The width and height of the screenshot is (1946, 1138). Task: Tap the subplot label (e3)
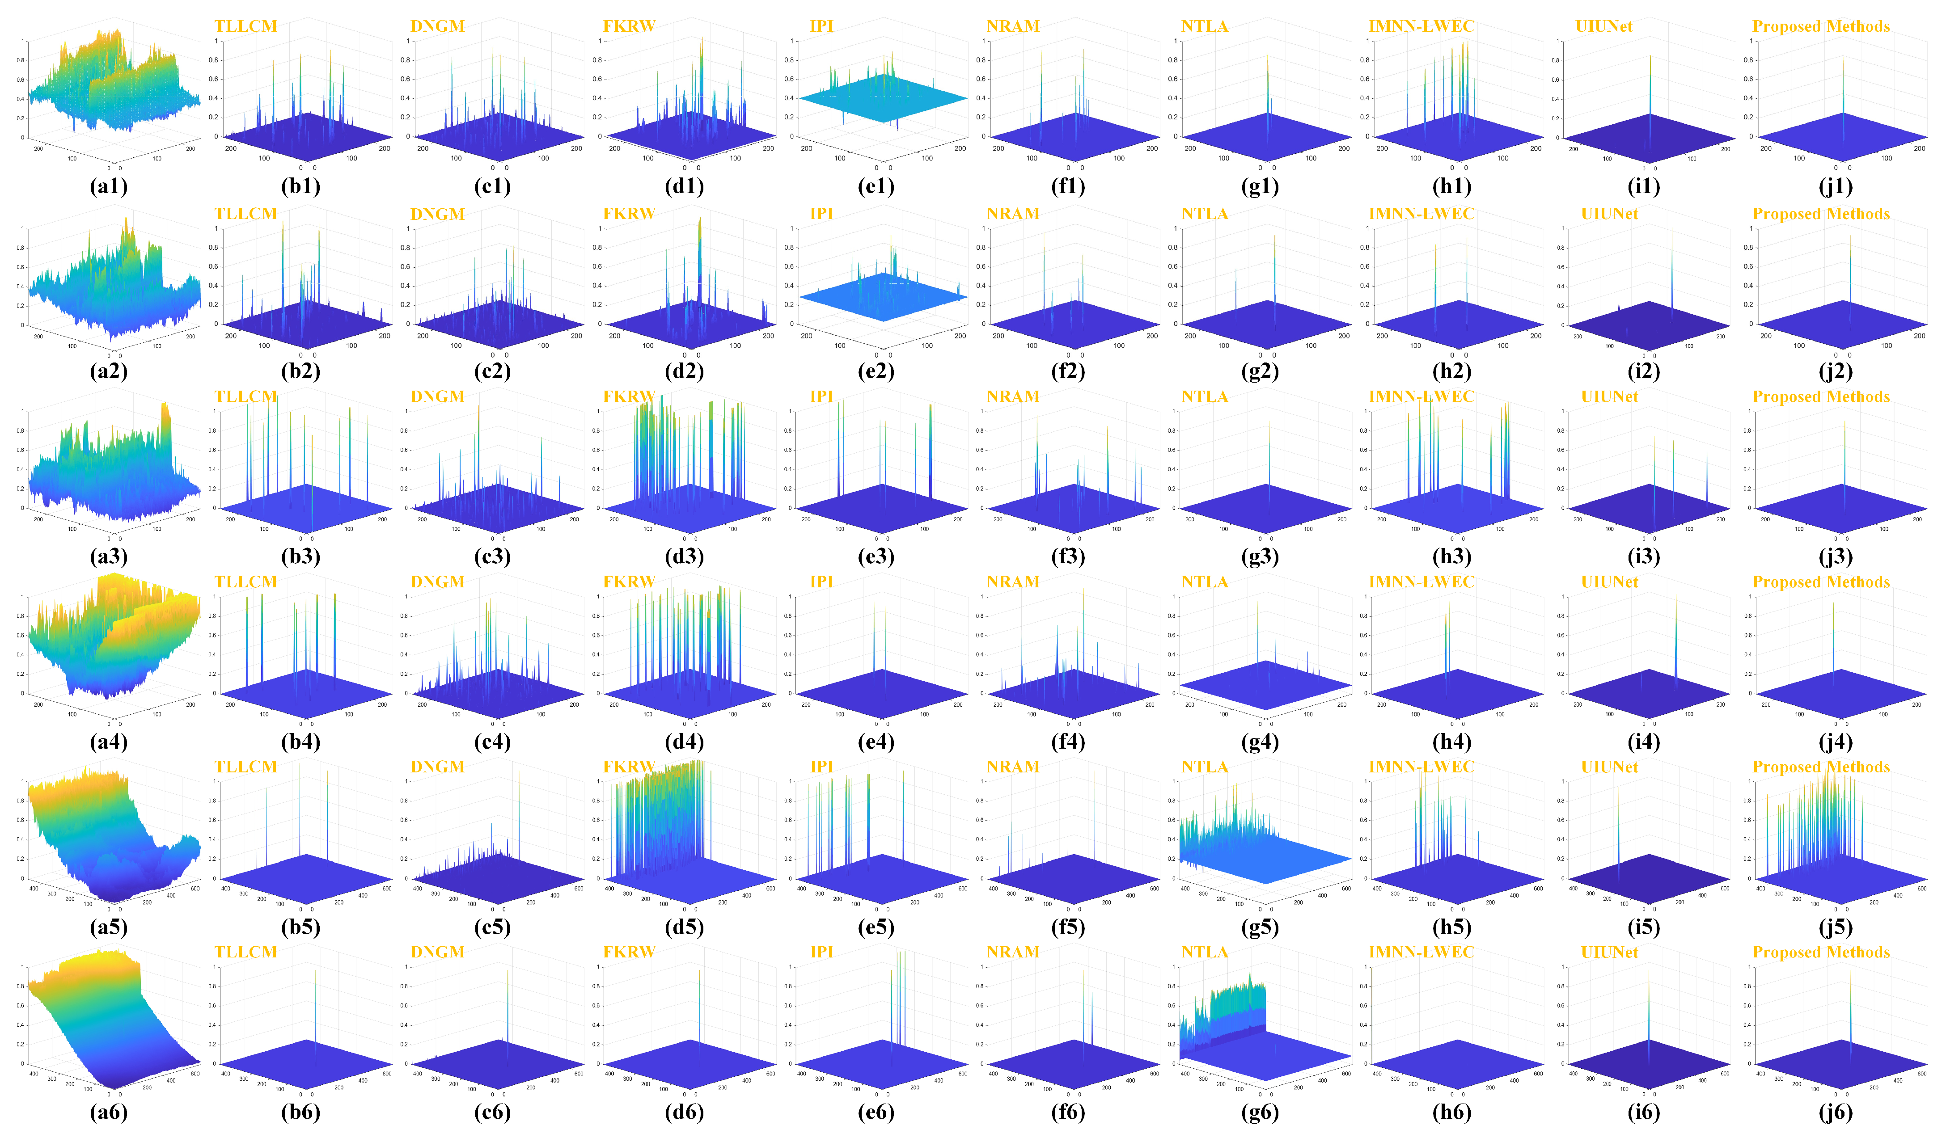point(876,556)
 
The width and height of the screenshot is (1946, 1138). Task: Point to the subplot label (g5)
point(1260,927)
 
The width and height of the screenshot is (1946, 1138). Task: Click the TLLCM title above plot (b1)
point(245,26)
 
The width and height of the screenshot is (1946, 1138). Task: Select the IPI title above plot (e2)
point(822,214)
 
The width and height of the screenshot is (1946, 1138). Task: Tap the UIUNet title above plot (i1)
point(1604,26)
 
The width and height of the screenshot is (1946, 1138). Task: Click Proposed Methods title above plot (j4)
point(1821,582)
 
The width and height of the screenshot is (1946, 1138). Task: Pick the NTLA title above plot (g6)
point(1205,952)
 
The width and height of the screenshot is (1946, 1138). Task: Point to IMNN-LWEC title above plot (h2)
point(1421,214)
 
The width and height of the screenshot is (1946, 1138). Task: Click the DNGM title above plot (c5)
point(438,767)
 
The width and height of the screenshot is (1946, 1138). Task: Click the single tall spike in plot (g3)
point(1268,455)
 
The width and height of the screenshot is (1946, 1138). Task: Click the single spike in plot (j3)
point(1844,455)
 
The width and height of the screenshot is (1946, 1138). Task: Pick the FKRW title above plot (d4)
point(629,582)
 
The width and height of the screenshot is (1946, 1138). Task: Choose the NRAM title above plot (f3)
point(1013,397)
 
